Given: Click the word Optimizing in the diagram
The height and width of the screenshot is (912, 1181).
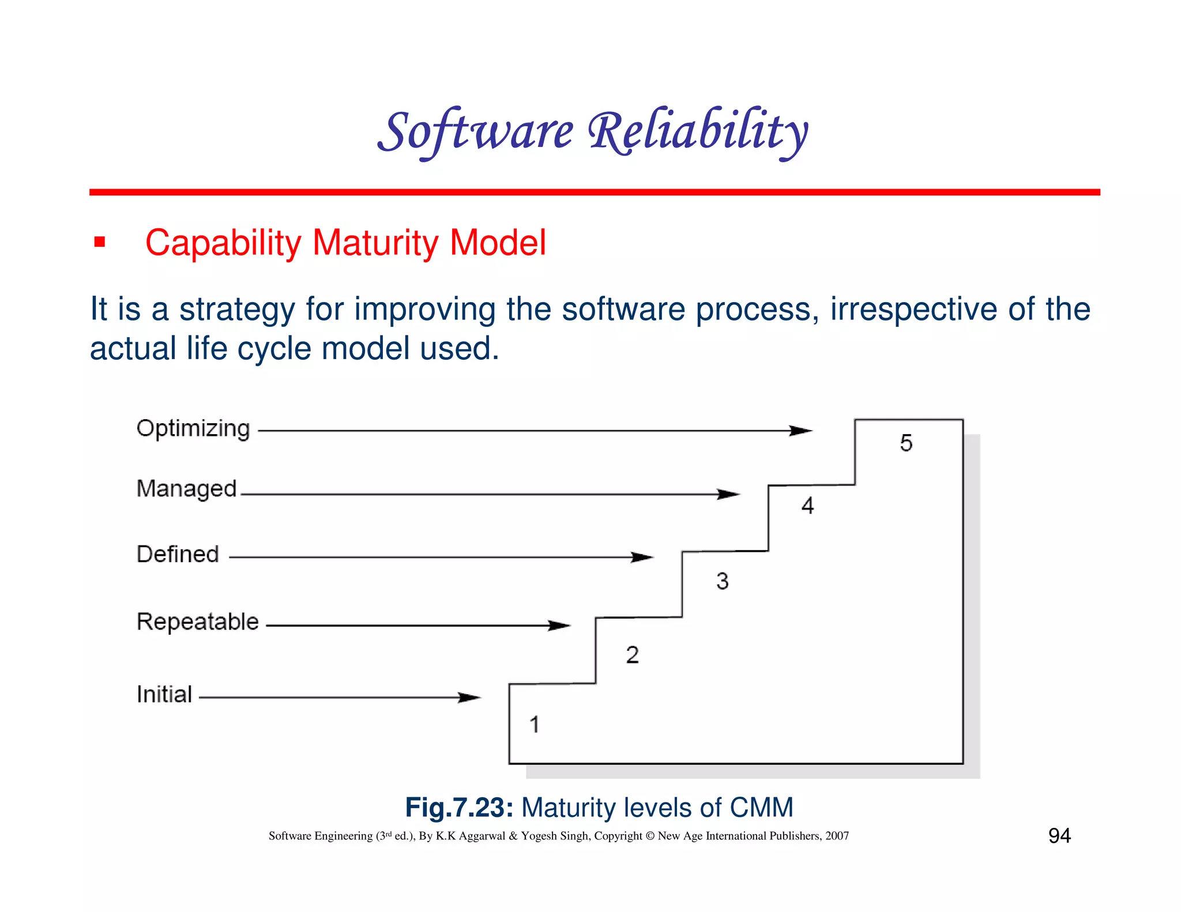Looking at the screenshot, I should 193,429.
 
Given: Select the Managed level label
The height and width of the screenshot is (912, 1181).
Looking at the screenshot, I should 186,489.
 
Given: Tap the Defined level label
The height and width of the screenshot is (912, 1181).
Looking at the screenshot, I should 178,554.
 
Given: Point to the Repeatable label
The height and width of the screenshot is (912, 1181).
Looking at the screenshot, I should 197,622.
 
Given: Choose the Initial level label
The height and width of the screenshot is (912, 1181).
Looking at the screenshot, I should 164,694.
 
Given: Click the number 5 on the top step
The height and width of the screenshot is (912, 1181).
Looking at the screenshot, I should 906,443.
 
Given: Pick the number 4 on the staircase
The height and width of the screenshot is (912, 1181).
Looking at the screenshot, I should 807,506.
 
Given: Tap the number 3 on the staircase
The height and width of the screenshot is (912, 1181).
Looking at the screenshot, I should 722,581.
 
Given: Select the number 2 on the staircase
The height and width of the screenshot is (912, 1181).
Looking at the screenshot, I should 632,655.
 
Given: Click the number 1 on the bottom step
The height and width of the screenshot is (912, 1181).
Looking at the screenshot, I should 535,724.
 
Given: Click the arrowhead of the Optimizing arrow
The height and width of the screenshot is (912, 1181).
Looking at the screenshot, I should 802,431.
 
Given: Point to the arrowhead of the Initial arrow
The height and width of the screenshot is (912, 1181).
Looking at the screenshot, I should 469,698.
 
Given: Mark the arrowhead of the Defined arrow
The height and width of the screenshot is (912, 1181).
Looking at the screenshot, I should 642,557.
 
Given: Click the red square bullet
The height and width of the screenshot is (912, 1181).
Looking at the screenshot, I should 100,242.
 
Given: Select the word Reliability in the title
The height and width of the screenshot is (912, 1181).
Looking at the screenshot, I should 698,132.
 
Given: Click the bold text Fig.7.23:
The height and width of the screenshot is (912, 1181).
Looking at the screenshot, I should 459,807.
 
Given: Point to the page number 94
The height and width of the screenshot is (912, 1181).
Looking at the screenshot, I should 1059,835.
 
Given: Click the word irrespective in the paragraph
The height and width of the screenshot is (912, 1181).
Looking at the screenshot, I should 913,309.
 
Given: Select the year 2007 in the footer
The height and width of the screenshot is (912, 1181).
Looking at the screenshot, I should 837,836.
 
